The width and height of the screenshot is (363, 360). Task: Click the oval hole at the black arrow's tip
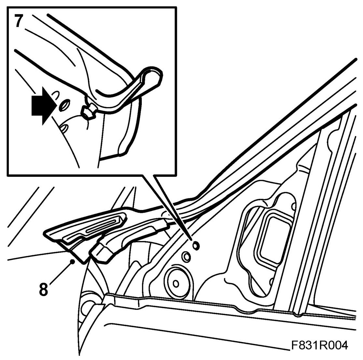coord(64,105)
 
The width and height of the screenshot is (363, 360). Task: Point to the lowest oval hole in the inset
coord(65,128)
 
